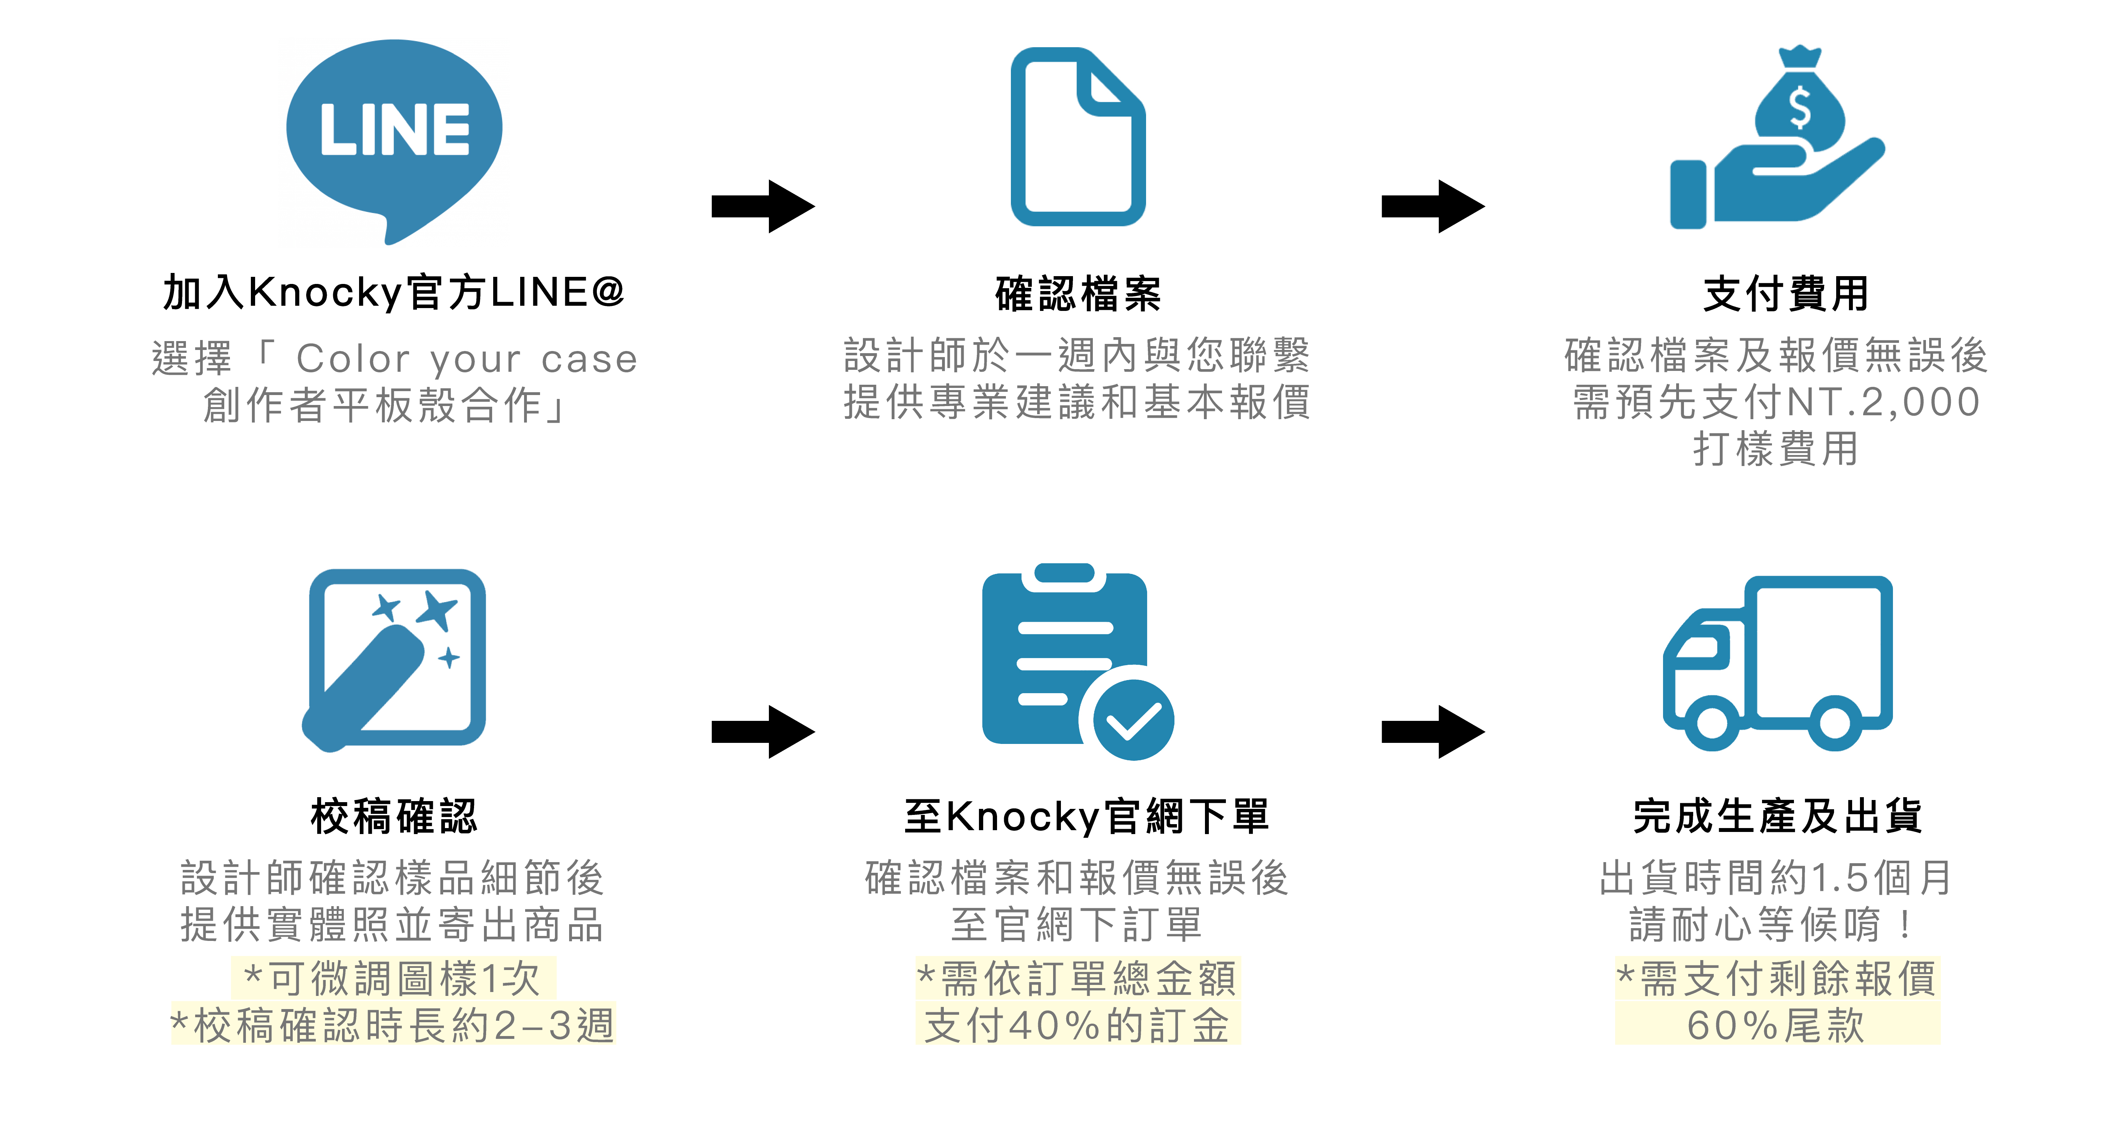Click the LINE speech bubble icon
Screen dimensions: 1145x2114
click(394, 136)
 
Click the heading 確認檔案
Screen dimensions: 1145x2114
click(1078, 294)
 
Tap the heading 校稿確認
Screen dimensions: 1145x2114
click(394, 817)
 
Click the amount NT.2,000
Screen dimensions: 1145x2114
click(1883, 402)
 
